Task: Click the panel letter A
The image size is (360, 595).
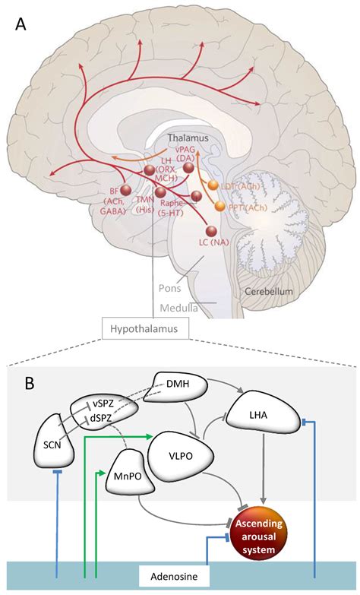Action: pyautogui.click(x=22, y=24)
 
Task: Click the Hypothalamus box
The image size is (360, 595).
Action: pyautogui.click(x=144, y=328)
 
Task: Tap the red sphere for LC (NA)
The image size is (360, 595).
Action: pyautogui.click(x=213, y=231)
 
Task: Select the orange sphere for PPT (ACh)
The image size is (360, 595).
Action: pyautogui.click(x=219, y=206)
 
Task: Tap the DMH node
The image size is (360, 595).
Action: pyautogui.click(x=181, y=386)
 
